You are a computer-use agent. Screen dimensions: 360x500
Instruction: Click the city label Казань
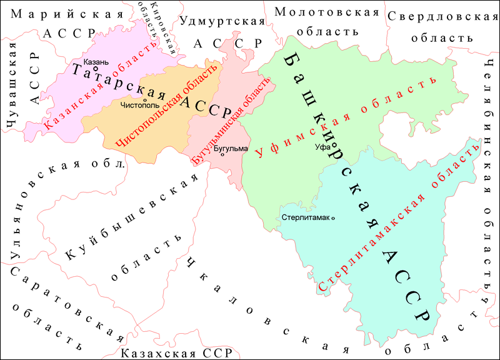click(x=96, y=62)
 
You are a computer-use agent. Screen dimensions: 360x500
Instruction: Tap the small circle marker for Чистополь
click(x=144, y=100)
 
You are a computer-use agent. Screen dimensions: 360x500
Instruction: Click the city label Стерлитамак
click(x=305, y=217)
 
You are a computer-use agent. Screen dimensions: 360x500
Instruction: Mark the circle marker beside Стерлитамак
click(x=332, y=217)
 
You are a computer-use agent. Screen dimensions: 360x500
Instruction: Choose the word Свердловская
click(x=436, y=16)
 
